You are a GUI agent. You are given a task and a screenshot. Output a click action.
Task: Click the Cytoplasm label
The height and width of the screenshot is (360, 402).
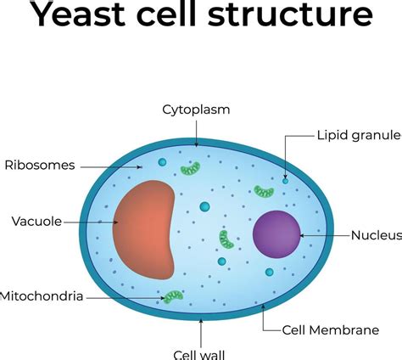tap(197, 110)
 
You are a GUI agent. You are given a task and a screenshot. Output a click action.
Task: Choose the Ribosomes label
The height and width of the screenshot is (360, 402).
tap(39, 164)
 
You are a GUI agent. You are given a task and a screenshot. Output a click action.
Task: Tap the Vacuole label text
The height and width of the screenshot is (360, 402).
tap(36, 222)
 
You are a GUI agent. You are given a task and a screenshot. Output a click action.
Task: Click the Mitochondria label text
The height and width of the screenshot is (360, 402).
tap(42, 296)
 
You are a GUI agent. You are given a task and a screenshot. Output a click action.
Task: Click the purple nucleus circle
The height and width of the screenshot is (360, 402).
tap(276, 233)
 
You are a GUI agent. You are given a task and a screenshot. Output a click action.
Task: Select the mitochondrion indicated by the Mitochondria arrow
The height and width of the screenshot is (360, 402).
tap(173, 296)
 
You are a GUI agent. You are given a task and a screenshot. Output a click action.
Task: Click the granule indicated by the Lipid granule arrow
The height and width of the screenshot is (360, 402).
tap(285, 181)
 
